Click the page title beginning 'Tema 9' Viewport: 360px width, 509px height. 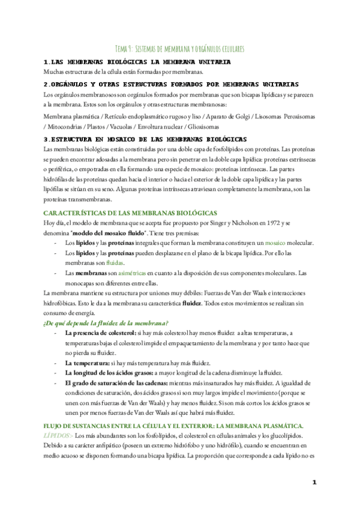[179, 48]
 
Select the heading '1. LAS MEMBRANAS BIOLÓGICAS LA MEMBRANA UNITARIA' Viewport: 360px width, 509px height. [137, 62]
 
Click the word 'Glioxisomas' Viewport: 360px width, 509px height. [202, 127]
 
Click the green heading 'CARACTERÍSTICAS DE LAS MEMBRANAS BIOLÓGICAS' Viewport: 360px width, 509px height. [131, 212]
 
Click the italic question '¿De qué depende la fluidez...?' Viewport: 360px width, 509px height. [106, 323]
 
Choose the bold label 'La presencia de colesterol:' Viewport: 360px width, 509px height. [100, 333]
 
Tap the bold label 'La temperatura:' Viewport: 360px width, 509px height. [87, 363]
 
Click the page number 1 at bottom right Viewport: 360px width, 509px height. [314, 482]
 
